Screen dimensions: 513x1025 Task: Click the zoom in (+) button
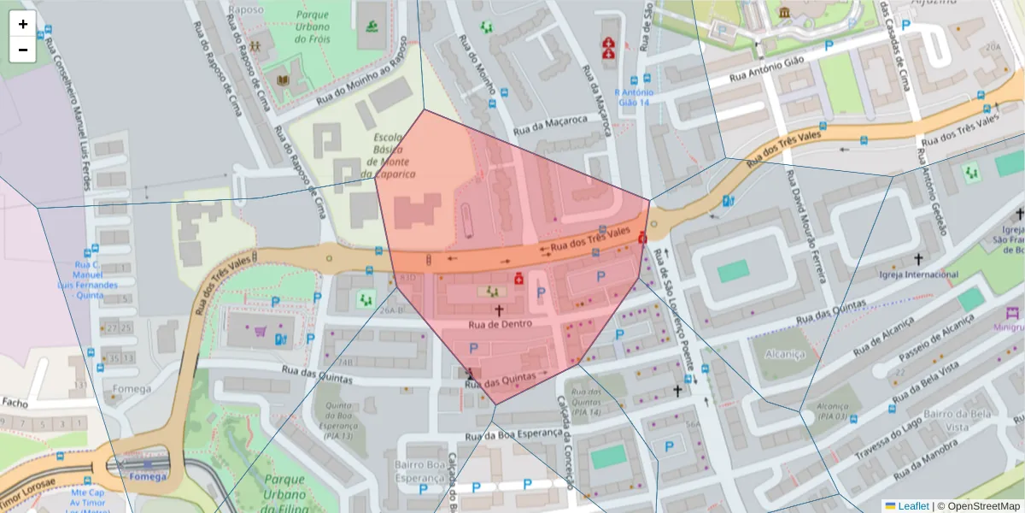pyautogui.click(x=23, y=24)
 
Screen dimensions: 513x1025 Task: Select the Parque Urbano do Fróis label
pyautogui.click(x=312, y=27)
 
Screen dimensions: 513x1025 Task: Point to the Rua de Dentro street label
pyautogui.click(x=501, y=324)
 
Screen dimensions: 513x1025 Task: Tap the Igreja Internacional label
pyautogui.click(x=918, y=274)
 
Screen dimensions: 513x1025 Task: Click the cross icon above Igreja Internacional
pyautogui.click(x=919, y=258)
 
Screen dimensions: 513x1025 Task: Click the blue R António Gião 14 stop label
pyautogui.click(x=634, y=97)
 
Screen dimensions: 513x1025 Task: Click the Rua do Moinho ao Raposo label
pyautogui.click(x=362, y=83)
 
